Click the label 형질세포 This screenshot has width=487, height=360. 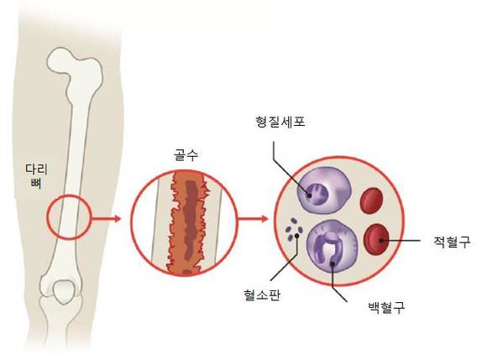click(x=280, y=122)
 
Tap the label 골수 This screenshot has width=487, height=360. click(x=186, y=155)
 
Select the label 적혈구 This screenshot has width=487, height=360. click(x=452, y=242)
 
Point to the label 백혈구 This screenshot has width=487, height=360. click(x=386, y=307)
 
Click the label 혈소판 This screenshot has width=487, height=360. click(x=262, y=295)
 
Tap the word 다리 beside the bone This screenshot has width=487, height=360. click(x=37, y=170)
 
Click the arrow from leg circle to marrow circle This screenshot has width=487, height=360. click(x=106, y=219)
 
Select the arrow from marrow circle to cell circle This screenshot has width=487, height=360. click(x=253, y=219)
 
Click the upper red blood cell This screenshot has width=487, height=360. click(x=371, y=201)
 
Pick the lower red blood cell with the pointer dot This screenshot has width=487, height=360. click(x=377, y=239)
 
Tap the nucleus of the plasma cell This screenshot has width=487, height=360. click(x=316, y=195)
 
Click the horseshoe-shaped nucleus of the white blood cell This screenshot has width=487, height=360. click(x=329, y=249)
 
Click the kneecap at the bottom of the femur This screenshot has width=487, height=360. click(x=65, y=291)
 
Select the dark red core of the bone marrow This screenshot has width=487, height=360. click(x=191, y=222)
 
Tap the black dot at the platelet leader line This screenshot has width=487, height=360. click(x=297, y=236)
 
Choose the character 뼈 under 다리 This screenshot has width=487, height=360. click(x=36, y=184)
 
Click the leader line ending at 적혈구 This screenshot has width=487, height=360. click(x=400, y=240)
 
